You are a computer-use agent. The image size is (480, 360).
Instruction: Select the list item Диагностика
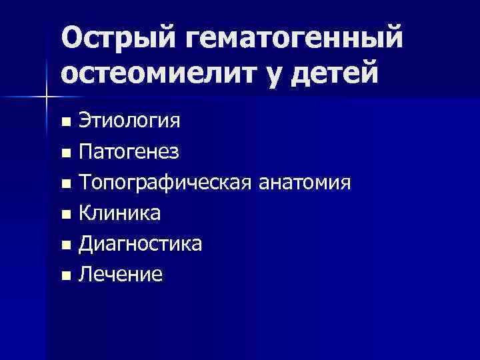[x=141, y=243]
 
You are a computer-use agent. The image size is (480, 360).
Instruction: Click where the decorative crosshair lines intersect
[x=47, y=97]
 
